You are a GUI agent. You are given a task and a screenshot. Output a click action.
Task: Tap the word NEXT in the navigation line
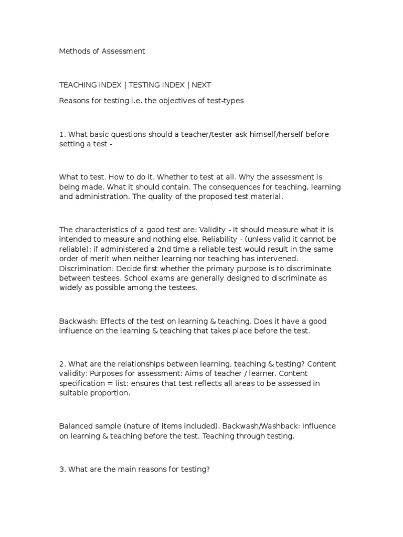pos(201,85)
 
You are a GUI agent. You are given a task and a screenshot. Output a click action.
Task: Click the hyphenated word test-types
pos(226,101)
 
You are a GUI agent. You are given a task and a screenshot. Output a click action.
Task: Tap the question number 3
pos(61,469)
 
